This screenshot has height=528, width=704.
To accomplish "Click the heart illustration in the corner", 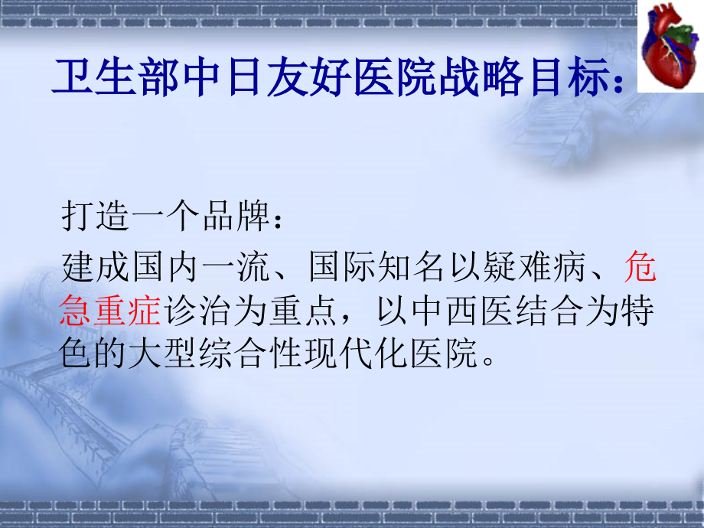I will [x=670, y=46].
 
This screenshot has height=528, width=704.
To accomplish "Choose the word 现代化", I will [x=361, y=355].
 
